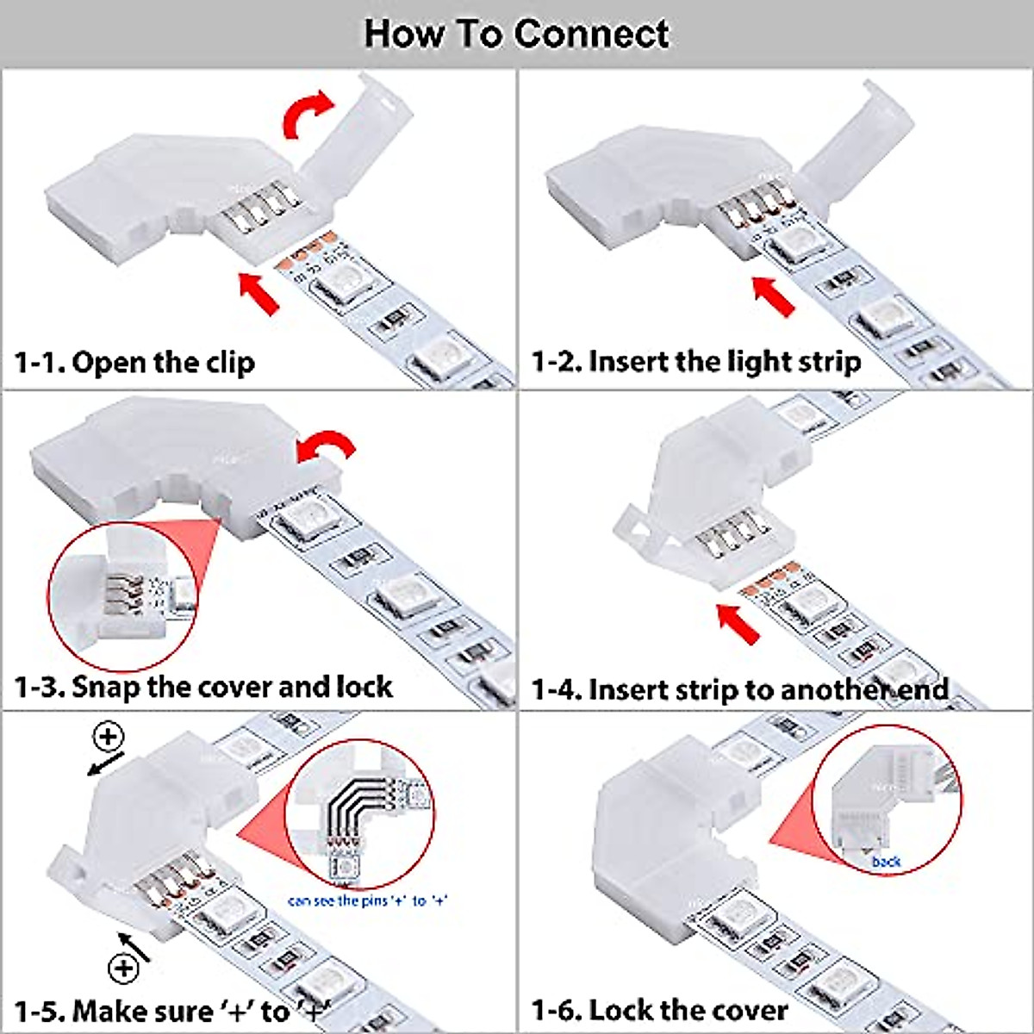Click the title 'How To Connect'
[516, 34]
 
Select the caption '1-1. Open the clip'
[134, 362]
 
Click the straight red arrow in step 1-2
[774, 296]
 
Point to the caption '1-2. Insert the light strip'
[696, 361]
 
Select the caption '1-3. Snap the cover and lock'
[203, 687]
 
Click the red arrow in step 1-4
[739, 623]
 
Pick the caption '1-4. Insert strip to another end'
[739, 689]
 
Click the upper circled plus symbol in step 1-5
[109, 738]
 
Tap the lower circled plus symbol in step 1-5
[124, 968]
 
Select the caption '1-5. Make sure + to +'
[172, 1010]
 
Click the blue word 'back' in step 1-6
[886, 861]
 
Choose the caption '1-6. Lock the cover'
[659, 1010]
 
